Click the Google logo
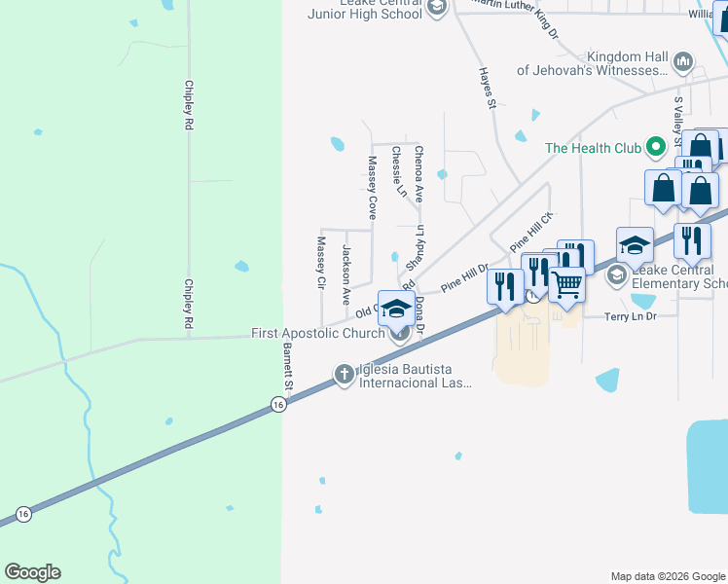click(32, 572)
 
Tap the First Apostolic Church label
click(317, 333)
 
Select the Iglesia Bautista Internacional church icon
click(344, 374)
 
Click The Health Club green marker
click(655, 148)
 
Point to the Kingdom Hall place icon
click(682, 63)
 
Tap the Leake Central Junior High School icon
click(436, 8)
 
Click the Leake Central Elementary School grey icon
click(616, 276)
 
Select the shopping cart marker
click(566, 284)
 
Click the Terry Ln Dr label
click(632, 317)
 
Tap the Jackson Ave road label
click(346, 270)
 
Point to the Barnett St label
click(288, 362)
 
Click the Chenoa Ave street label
click(419, 173)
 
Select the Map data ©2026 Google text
click(668, 576)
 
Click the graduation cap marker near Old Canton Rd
click(395, 308)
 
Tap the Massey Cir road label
click(320, 262)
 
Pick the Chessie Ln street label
click(398, 171)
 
